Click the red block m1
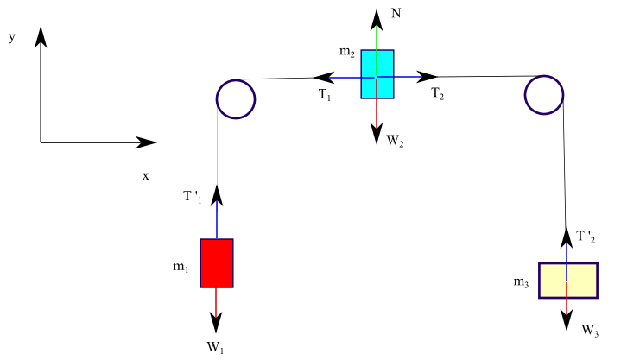[216, 262]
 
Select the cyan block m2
[377, 74]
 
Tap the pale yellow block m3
[567, 281]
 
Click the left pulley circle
[235, 99]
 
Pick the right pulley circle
[544, 94]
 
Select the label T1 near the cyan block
[324, 94]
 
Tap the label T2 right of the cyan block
[438, 94]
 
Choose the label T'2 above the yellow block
[586, 237]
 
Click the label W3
[590, 330]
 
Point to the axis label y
[13, 38]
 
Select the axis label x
[145, 175]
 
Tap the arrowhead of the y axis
[41, 35]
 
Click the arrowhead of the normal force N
[377, 17]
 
